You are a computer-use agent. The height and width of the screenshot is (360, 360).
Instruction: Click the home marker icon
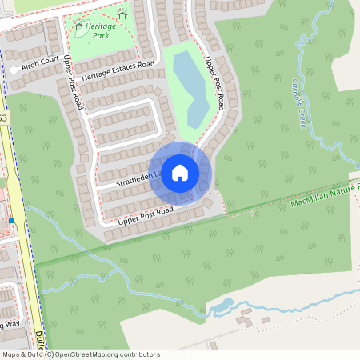click(180, 172)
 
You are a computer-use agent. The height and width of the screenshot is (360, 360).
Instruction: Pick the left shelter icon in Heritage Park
click(78, 26)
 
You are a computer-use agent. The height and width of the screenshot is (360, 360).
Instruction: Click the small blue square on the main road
click(11, 220)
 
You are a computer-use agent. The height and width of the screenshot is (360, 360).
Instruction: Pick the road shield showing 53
click(3, 118)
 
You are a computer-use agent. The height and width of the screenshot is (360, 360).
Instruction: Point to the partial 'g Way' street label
click(10, 325)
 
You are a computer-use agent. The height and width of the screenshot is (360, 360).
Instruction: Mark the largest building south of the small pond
click(245, 321)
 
